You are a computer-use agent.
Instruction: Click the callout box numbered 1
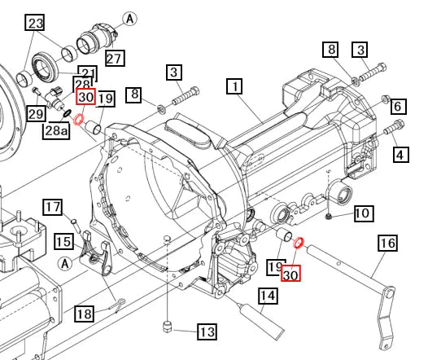tap(235, 86)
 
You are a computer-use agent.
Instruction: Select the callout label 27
tap(114, 58)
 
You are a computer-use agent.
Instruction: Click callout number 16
tap(387, 243)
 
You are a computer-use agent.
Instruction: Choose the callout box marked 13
tap(207, 331)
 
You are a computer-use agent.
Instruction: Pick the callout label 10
tap(362, 213)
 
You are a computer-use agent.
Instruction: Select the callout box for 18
tap(84, 314)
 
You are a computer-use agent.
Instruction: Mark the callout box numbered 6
tap(398, 107)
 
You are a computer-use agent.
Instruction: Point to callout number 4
tap(401, 153)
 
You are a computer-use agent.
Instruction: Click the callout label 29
tap(35, 113)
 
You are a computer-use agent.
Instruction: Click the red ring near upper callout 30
tap(79, 121)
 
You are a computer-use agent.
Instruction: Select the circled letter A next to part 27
tap(129, 18)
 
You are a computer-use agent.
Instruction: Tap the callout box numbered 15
tap(63, 241)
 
